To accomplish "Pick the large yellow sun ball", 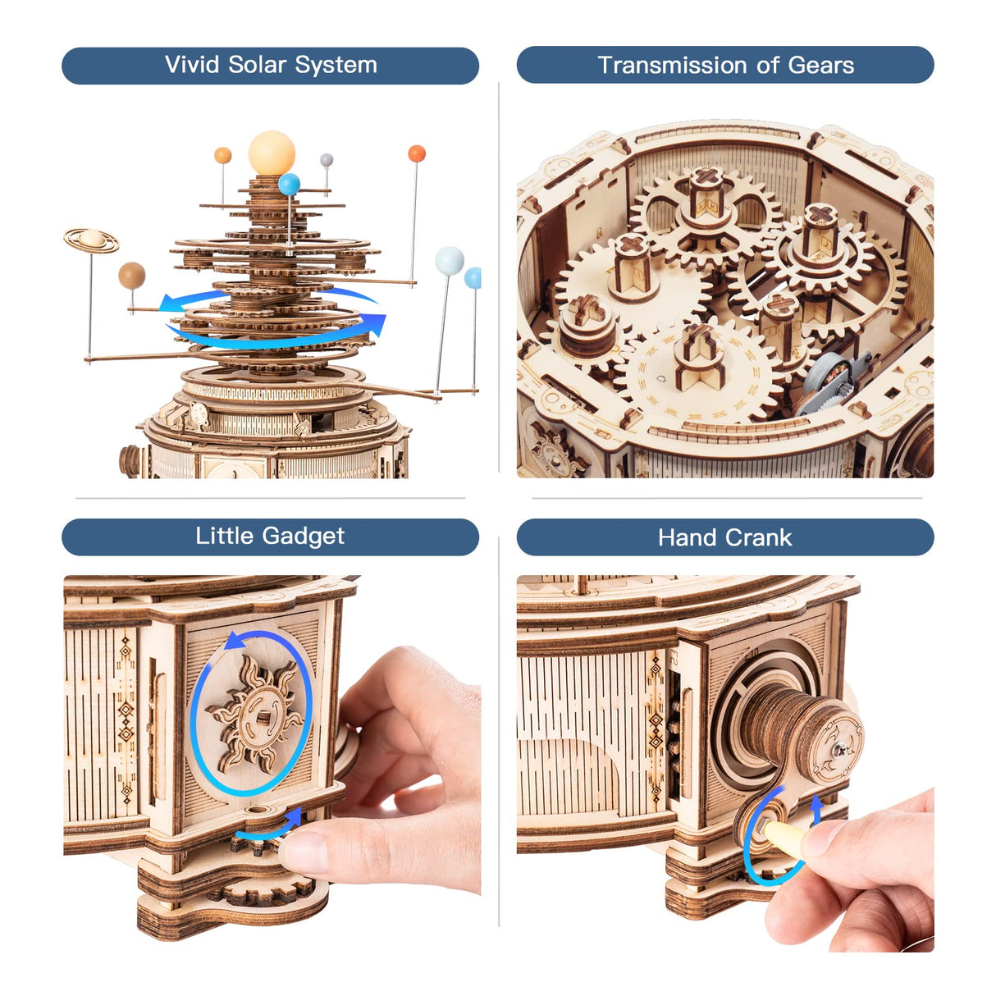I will (272, 152).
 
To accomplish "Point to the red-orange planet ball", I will (417, 153).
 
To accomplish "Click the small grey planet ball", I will (327, 160).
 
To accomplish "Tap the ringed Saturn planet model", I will (91, 240).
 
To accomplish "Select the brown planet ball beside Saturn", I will (131, 276).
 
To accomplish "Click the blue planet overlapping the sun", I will (289, 185).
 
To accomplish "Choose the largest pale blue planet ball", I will (450, 260).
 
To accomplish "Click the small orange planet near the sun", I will (223, 155).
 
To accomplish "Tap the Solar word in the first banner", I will (257, 65).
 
